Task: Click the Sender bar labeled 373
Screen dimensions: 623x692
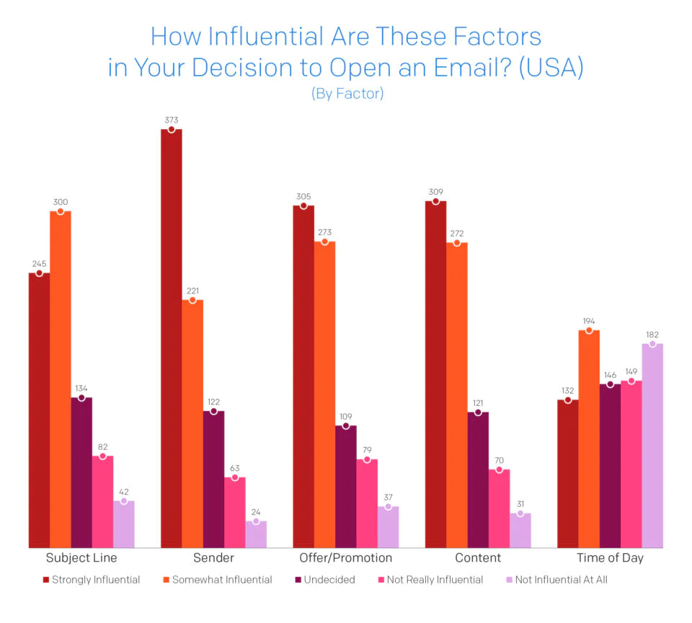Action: tap(172, 339)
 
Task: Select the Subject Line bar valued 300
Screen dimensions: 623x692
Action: tap(61, 379)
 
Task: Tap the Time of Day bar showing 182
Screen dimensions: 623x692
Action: tap(652, 446)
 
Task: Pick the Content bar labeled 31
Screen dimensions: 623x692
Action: tap(520, 531)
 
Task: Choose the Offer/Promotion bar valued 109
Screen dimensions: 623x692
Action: tap(346, 487)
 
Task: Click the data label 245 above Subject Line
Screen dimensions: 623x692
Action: tap(39, 264)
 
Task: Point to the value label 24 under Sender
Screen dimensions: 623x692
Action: tap(256, 511)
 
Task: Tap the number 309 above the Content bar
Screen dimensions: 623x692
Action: tap(435, 192)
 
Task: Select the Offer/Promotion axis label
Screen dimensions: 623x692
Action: tap(346, 558)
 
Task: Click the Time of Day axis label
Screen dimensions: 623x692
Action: tap(610, 558)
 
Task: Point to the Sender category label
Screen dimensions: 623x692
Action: tap(213, 558)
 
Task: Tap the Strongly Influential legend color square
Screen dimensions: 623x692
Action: tap(46, 579)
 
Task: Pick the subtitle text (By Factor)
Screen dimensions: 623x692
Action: tap(347, 94)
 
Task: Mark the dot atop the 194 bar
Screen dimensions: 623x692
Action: tap(590, 331)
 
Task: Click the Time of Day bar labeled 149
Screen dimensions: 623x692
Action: tap(631, 464)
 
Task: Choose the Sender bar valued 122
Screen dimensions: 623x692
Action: tap(213, 480)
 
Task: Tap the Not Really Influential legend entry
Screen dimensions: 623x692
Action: tap(430, 579)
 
